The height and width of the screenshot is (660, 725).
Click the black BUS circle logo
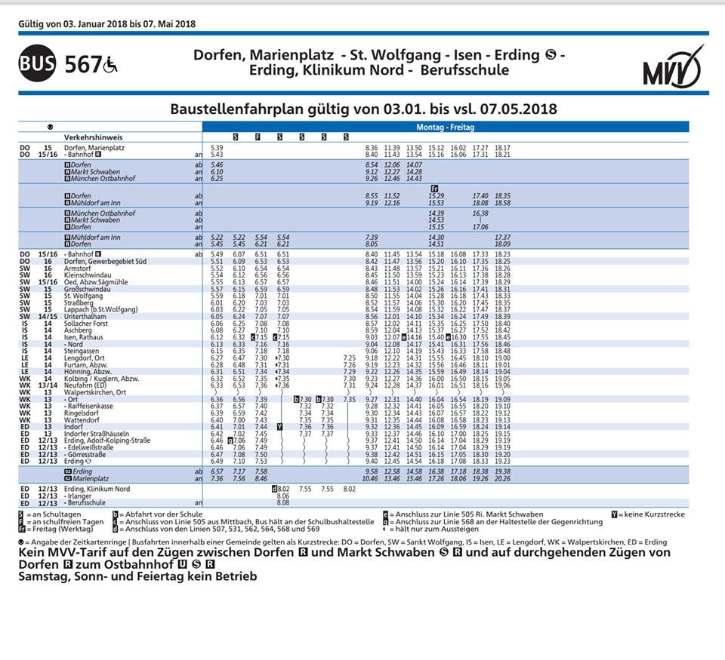tap(37, 63)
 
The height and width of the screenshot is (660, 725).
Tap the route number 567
tap(83, 64)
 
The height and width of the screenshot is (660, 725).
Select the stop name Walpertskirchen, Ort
tap(95, 392)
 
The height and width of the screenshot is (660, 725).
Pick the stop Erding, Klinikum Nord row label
tap(97, 489)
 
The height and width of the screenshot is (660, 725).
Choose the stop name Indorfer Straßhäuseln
tap(97, 434)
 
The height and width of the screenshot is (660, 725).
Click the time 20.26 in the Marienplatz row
tap(502, 478)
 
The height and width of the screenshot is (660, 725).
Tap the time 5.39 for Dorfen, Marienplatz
tap(217, 148)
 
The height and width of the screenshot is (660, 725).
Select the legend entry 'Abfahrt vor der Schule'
tap(156, 514)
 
